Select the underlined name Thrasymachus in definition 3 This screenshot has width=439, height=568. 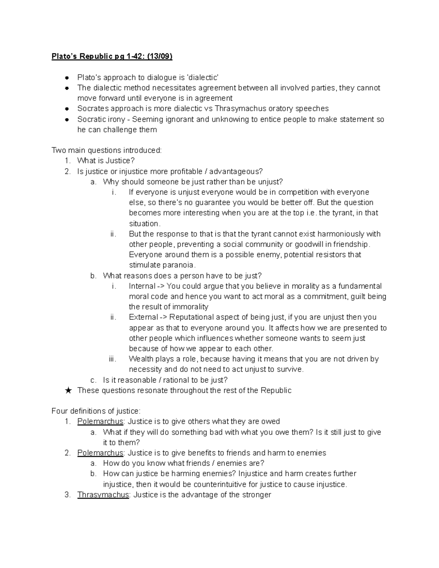tap(103, 495)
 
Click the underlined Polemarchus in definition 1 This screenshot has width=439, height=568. tap(100, 421)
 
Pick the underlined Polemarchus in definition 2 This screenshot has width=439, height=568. tap(100, 453)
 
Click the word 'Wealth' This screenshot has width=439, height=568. tap(141, 359)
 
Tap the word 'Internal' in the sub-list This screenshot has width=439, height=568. tap(142, 286)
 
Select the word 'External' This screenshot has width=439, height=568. tap(143, 317)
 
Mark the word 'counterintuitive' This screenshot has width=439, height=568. tap(226, 485)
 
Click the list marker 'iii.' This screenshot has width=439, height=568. tap(112, 359)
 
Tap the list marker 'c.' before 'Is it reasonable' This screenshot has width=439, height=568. tap(93, 380)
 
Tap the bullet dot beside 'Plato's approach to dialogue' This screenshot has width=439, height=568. tap(67, 78)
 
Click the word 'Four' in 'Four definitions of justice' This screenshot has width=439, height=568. tap(59, 411)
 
